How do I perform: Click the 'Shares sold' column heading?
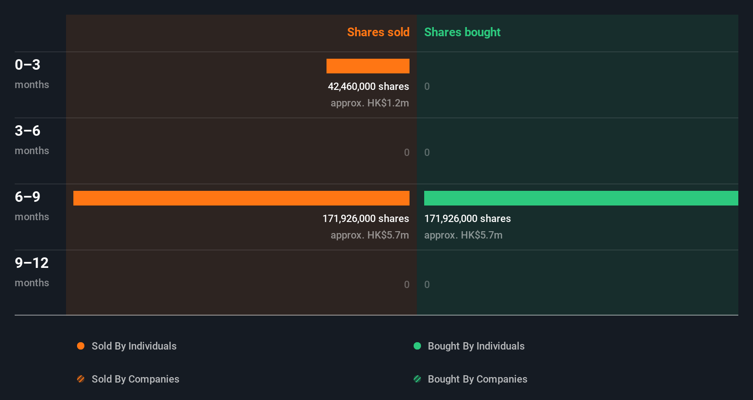tap(378, 32)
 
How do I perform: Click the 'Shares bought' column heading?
tap(462, 32)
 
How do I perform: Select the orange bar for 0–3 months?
tap(368, 66)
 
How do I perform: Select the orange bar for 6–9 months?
tap(241, 198)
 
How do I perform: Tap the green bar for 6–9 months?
tap(581, 198)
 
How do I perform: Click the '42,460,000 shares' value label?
tap(368, 86)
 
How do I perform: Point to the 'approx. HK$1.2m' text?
tap(370, 103)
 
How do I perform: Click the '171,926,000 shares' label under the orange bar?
tap(365, 218)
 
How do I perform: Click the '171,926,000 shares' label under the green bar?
tap(467, 218)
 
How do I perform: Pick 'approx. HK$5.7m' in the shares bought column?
tap(463, 235)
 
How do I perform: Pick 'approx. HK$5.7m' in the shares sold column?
tap(370, 235)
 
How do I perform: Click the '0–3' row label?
tap(28, 65)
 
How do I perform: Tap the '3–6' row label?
tap(28, 131)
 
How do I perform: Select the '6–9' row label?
tap(28, 197)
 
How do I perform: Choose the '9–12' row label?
tap(32, 263)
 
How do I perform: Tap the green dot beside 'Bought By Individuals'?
tap(417, 346)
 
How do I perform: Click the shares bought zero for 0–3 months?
tap(427, 86)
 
